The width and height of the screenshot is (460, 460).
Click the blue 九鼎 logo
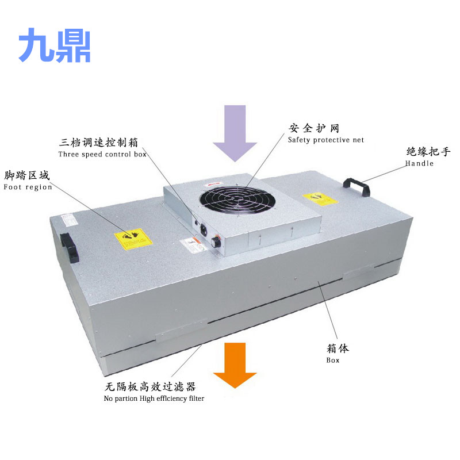(x=55, y=46)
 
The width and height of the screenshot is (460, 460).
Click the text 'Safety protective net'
(x=326, y=140)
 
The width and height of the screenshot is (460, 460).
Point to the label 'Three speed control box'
(x=102, y=154)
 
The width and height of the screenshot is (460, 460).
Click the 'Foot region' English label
(x=28, y=187)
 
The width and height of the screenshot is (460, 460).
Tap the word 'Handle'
(x=419, y=163)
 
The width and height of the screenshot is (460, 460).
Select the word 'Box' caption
(x=333, y=360)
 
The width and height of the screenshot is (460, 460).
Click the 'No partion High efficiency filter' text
(x=154, y=398)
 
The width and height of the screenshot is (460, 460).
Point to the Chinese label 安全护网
(x=314, y=128)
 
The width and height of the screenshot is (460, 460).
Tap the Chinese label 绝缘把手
(x=428, y=152)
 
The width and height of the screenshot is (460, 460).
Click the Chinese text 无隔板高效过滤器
(x=151, y=387)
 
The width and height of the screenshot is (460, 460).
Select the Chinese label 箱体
(x=338, y=348)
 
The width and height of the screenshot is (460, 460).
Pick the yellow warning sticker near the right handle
(x=323, y=198)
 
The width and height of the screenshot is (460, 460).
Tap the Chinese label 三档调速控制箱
(x=99, y=142)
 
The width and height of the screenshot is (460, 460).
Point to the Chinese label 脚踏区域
(x=27, y=175)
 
